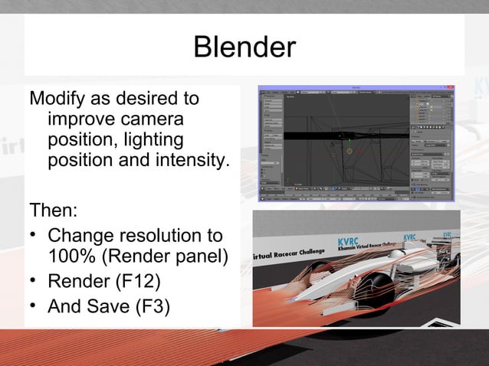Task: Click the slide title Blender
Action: pos(244,47)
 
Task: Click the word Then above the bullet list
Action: pos(51,209)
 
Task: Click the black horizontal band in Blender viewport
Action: pos(307,136)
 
